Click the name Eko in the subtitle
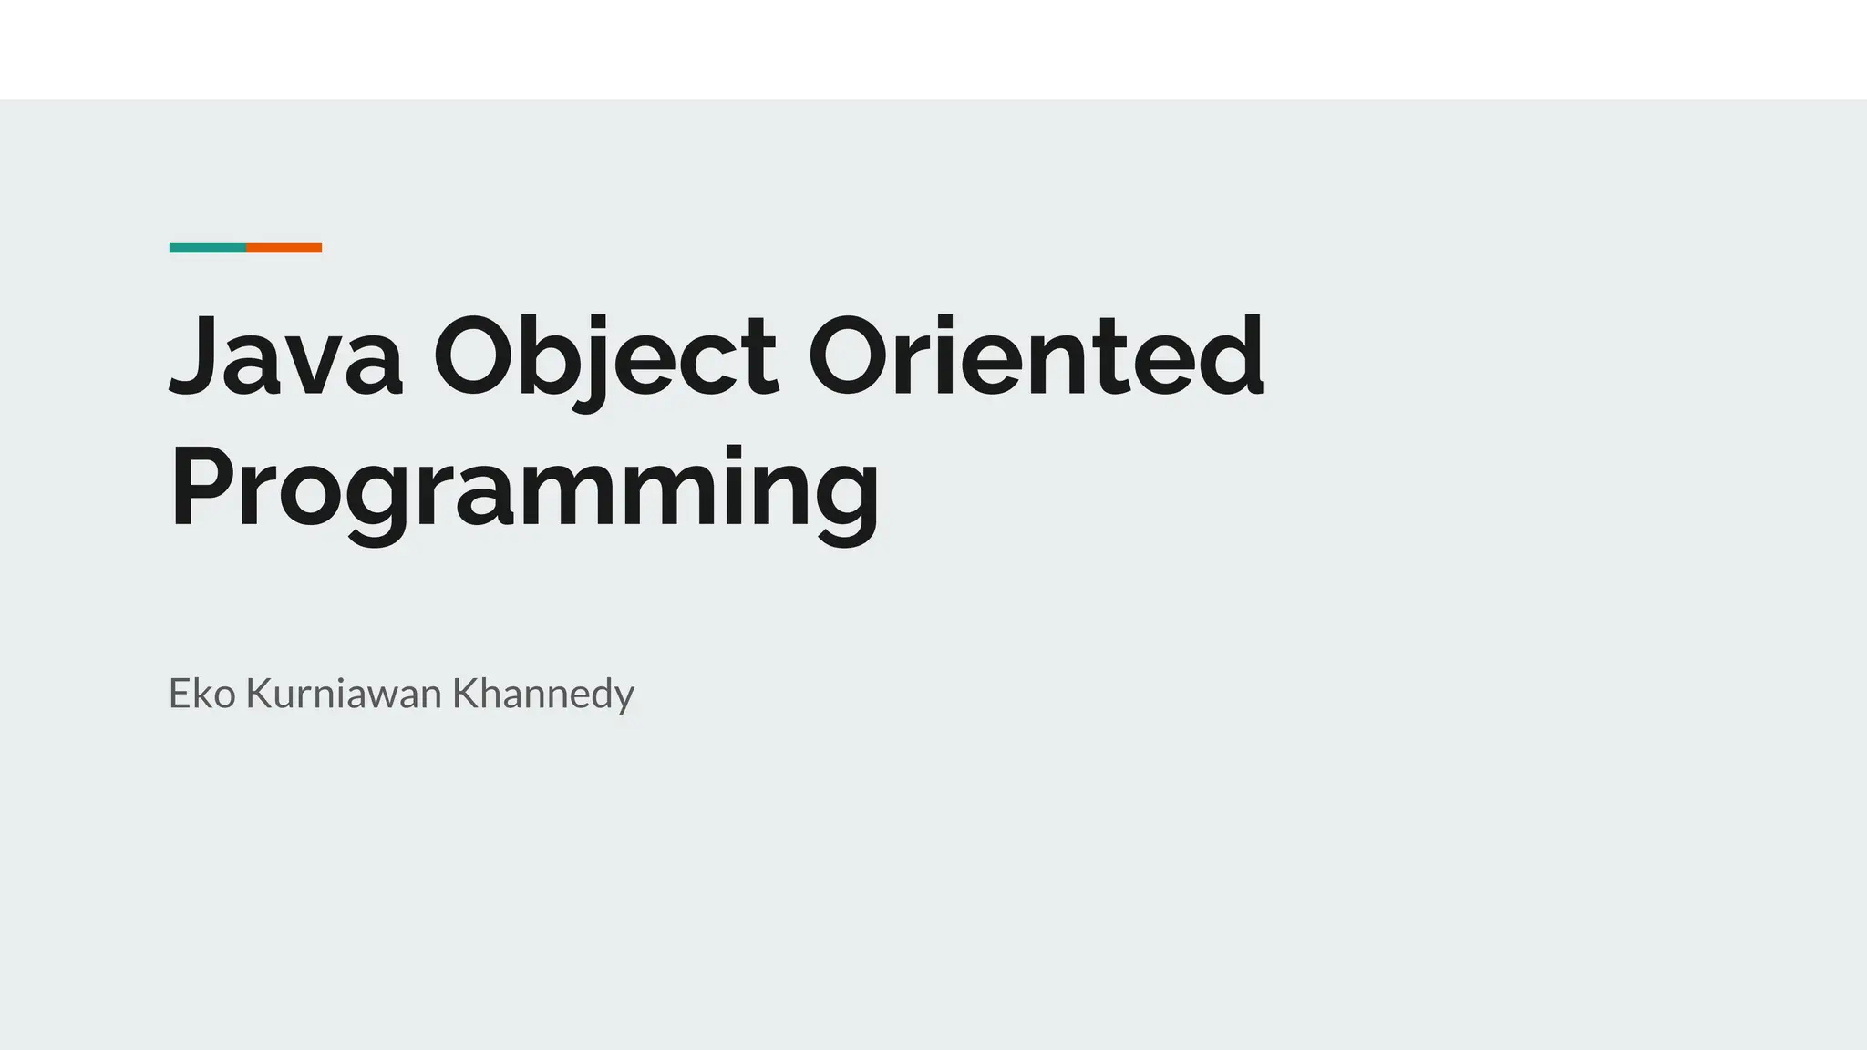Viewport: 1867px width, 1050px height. [x=202, y=694]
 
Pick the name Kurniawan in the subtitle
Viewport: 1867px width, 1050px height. [x=344, y=694]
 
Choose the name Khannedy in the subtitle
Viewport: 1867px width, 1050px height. [x=543, y=694]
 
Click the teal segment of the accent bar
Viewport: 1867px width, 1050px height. [x=208, y=248]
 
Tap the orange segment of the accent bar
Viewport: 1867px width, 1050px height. [x=284, y=248]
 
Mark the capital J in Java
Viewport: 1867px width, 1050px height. [x=194, y=355]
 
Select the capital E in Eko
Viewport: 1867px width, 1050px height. [x=179, y=694]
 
